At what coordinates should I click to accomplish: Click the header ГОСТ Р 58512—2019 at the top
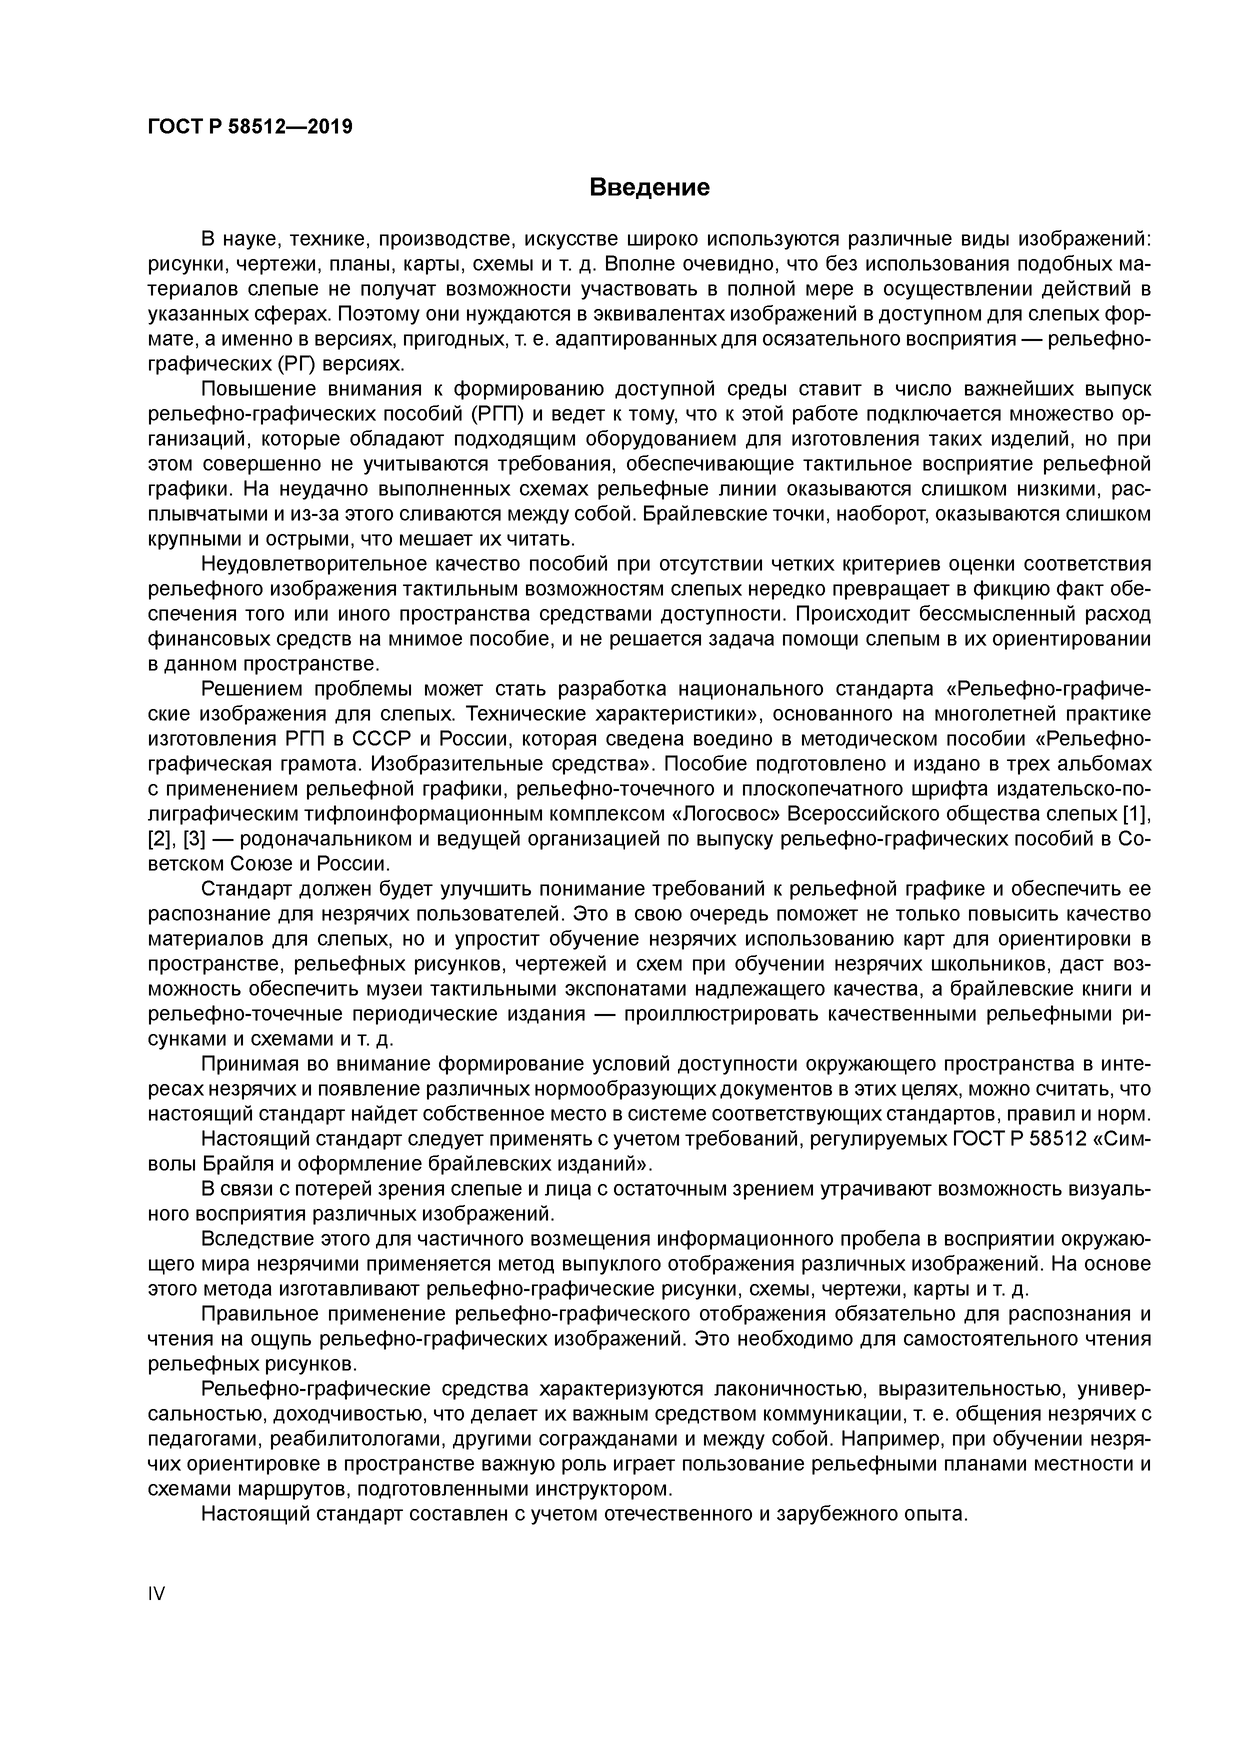tap(250, 127)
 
